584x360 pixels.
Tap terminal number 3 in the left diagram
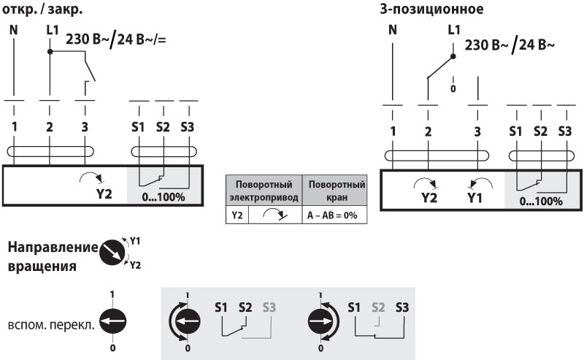coord(85,127)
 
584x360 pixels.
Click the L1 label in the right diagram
coord(453,29)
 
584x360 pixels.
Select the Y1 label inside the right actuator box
coord(475,197)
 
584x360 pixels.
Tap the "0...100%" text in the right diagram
coord(541,200)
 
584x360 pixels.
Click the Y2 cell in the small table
coord(237,216)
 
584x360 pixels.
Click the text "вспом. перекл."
coord(50,321)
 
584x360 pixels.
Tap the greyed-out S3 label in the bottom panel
coord(268,307)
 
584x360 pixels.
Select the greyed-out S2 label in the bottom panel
coord(377,307)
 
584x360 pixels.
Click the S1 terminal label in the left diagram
coord(139,127)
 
